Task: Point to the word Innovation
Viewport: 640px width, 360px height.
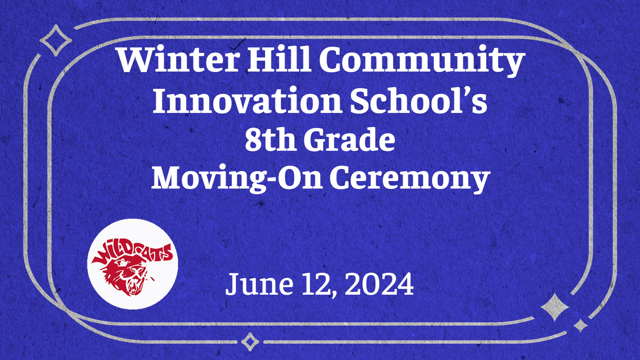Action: click(x=247, y=100)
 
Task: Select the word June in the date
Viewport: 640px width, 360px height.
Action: click(x=259, y=284)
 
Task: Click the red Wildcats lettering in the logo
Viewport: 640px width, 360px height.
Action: click(x=133, y=253)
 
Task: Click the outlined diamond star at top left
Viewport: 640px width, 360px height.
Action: click(x=56, y=40)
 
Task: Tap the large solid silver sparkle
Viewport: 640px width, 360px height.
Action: click(x=555, y=307)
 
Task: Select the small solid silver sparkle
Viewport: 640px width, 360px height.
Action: click(x=581, y=325)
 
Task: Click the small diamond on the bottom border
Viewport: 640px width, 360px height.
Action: click(x=250, y=342)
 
